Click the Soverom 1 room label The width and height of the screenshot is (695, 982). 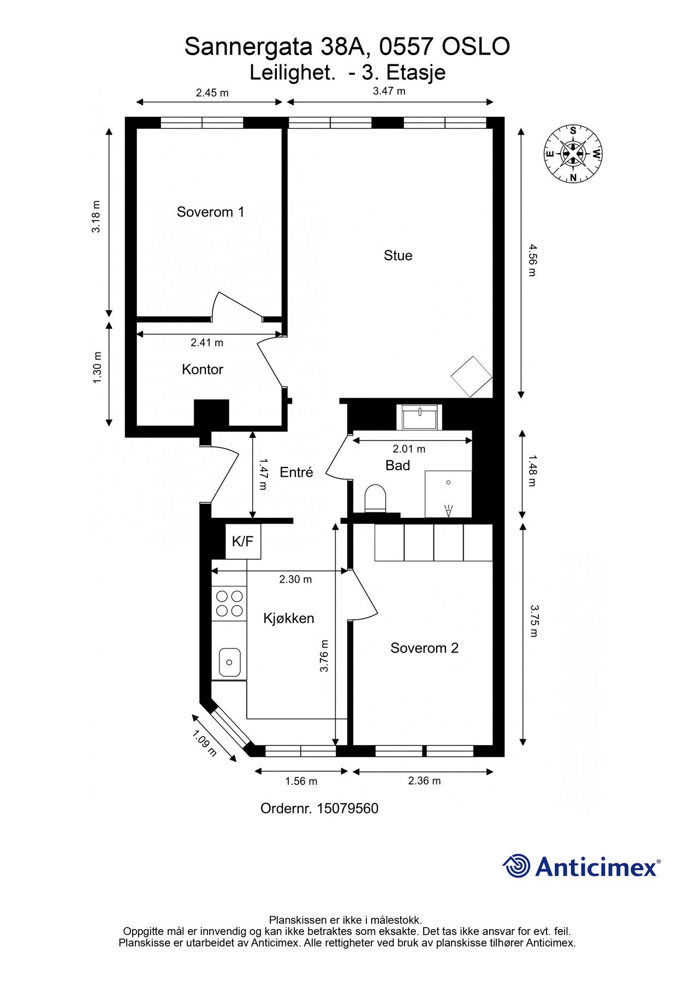pos(210,212)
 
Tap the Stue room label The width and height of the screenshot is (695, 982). pos(398,255)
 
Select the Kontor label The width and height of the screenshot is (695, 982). pos(203,369)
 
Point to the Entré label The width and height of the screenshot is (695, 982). pos(296,472)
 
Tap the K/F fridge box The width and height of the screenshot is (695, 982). pos(243,541)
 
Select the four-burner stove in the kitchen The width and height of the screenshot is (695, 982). pos(229,604)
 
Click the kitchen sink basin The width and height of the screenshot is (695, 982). pos(230,662)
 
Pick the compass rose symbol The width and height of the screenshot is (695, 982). pos(573,153)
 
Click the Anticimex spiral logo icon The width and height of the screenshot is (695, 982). pos(516,866)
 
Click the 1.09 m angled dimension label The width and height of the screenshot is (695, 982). pos(205,744)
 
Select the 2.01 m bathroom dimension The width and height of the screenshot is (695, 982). pos(409,449)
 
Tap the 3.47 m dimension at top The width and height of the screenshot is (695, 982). pos(389,91)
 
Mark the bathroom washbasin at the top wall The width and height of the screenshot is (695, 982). pos(420,417)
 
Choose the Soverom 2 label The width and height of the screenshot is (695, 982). pos(424,648)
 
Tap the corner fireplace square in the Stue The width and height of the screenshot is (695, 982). pos(472,376)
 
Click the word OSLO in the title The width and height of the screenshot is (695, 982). pos(475,47)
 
